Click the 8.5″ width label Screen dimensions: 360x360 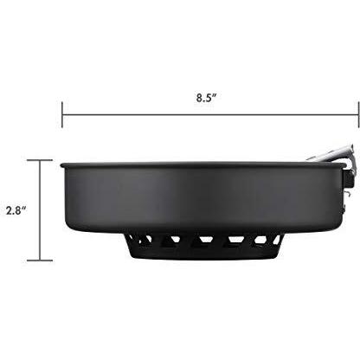click(206, 98)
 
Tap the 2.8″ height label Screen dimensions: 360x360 click(16, 210)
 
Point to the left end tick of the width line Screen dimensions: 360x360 click(62, 114)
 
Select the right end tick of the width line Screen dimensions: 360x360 click(359, 114)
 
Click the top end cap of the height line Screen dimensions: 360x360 click(40, 160)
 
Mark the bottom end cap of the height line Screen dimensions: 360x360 click(40, 260)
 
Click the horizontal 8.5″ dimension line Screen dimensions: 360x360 click(210, 115)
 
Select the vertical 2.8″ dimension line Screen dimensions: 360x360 click(40, 210)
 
